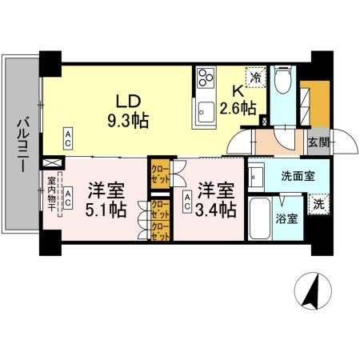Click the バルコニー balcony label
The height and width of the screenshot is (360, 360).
(x=22, y=144)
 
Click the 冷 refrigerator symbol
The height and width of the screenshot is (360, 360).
(x=255, y=78)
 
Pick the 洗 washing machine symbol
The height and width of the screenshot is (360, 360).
(x=318, y=203)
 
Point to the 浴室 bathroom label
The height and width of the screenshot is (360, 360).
(x=288, y=218)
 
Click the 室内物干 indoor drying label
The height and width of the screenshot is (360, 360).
(x=51, y=195)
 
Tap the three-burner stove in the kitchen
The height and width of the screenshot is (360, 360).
(x=205, y=78)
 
